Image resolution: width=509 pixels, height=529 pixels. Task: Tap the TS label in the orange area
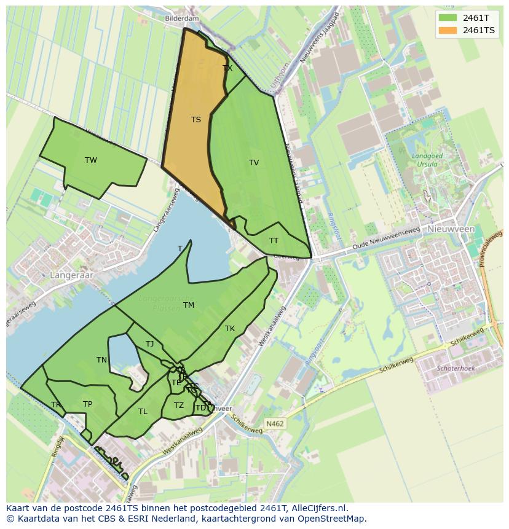pyautogui.click(x=195, y=120)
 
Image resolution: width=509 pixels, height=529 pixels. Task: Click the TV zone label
pyautogui.click(x=254, y=163)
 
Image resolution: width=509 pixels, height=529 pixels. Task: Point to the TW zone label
pyautogui.click(x=91, y=160)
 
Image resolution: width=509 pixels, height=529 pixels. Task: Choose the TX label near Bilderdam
pyautogui.click(x=227, y=68)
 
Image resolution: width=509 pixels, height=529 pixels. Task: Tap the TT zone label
pyautogui.click(x=274, y=241)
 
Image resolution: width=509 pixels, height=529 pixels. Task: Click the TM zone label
pyautogui.click(x=189, y=305)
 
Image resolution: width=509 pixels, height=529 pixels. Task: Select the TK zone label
pyautogui.click(x=230, y=329)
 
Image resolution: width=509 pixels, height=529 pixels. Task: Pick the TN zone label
pyautogui.click(x=101, y=360)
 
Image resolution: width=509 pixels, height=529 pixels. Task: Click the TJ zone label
pyautogui.click(x=150, y=344)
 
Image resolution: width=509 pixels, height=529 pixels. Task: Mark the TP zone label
pyautogui.click(x=87, y=404)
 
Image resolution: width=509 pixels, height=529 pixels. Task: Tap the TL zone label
pyautogui.click(x=143, y=412)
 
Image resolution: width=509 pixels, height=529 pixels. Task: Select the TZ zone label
pyautogui.click(x=178, y=406)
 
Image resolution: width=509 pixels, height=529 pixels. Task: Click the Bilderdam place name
pyautogui.click(x=182, y=19)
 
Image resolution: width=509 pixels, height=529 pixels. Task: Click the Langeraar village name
pyautogui.click(x=73, y=275)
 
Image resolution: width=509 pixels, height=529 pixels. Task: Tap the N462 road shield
pyautogui.click(x=274, y=424)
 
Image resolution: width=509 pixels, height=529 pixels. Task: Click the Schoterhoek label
pyautogui.click(x=456, y=369)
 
